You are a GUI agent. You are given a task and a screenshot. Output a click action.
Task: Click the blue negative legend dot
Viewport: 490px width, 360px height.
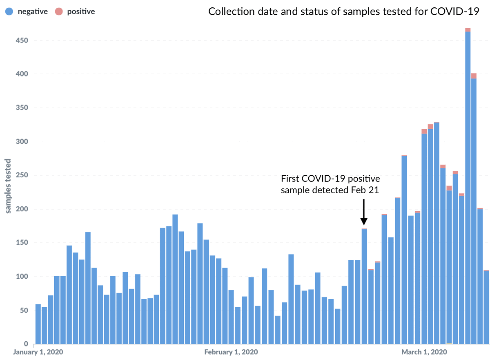pos(9,12)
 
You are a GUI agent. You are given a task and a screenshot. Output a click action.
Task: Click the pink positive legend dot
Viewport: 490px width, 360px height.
pos(58,12)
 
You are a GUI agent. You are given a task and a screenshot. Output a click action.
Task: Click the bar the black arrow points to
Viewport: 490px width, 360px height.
pos(364,286)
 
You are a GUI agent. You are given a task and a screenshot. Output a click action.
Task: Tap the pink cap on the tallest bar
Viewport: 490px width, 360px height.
pos(468,30)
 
